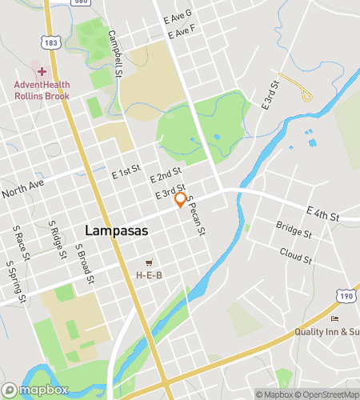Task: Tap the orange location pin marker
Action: [x=181, y=199]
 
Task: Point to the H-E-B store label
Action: [x=149, y=274]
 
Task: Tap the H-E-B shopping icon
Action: [x=149, y=262]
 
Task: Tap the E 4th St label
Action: [x=345, y=216]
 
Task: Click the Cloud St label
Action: [x=295, y=258]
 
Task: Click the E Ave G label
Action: [x=178, y=15]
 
